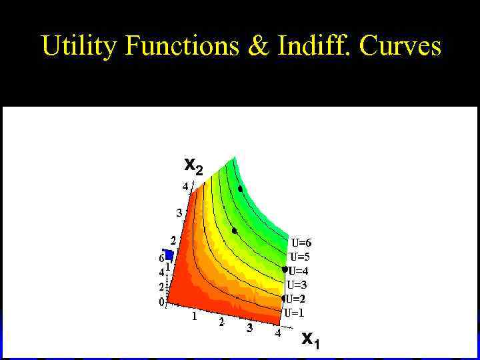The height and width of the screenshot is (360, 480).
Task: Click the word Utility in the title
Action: click(79, 47)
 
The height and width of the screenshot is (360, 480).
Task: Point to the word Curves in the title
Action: click(403, 47)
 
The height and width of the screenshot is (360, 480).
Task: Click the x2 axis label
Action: click(193, 165)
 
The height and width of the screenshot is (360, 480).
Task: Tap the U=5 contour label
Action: click(300, 257)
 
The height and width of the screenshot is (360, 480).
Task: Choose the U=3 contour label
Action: click(297, 285)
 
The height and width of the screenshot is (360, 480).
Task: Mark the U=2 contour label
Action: click(297, 299)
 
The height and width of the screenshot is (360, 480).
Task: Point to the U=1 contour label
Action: click(295, 312)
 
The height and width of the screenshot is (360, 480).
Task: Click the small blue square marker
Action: click(169, 255)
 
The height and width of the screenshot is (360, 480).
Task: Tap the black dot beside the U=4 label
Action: click(285, 270)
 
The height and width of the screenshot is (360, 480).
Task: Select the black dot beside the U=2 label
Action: click(283, 298)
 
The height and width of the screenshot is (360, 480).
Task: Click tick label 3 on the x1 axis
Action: click(250, 328)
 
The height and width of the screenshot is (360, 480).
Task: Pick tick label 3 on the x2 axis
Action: click(179, 213)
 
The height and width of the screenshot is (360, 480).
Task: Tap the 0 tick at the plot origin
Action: click(161, 302)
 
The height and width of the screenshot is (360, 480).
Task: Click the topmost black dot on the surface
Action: click(240, 189)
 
